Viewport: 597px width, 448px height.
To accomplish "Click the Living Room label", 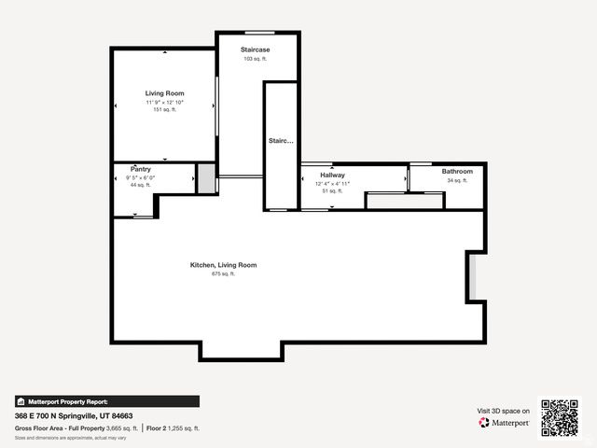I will (164, 93).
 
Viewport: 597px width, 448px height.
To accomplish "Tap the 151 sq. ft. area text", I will (164, 109).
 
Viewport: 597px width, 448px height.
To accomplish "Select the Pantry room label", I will (141, 169).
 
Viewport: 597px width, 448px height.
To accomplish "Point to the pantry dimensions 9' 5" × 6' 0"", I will (141, 177).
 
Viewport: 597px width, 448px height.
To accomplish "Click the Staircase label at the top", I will (255, 49).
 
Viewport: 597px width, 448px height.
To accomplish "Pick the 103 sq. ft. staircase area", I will (255, 59).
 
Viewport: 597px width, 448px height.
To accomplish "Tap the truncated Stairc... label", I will (281, 141).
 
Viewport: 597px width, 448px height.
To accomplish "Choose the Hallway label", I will (332, 175).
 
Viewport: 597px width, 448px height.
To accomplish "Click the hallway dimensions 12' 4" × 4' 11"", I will (332, 184).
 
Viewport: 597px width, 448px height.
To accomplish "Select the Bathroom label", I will (457, 172).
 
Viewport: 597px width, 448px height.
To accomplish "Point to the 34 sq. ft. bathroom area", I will (457, 180).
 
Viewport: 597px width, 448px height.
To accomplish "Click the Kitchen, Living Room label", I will (223, 265).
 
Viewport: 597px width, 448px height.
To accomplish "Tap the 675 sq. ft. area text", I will (223, 274).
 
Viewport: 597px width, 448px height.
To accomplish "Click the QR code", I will (560, 418).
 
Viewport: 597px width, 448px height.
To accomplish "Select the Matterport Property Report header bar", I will (106, 401).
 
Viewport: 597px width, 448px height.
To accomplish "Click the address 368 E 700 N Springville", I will (74, 415).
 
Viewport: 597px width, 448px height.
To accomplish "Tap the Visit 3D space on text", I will (504, 411).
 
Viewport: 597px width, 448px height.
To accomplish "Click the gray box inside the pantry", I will (204, 177).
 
